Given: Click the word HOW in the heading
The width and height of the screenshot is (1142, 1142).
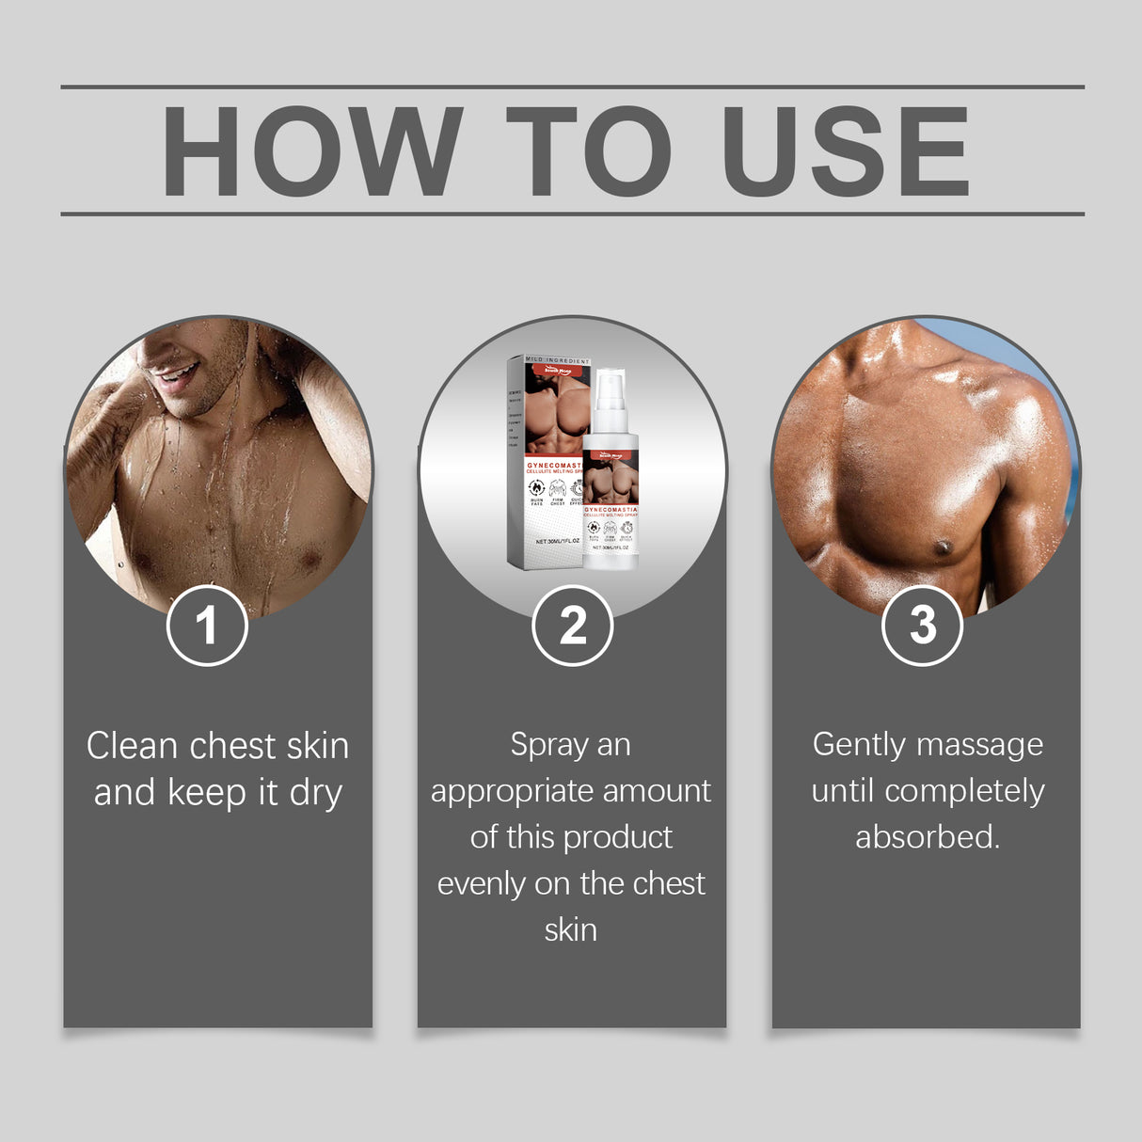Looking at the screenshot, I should pyautogui.click(x=311, y=151).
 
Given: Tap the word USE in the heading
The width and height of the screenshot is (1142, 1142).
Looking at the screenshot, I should pyautogui.click(x=844, y=151).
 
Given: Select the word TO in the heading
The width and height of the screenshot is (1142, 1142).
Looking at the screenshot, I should pyautogui.click(x=589, y=151).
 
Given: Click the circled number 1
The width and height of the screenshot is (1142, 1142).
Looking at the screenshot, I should pyautogui.click(x=207, y=626).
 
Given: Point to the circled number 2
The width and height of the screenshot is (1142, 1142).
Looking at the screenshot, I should pyautogui.click(x=572, y=626).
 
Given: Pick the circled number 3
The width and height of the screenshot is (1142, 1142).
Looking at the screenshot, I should pyautogui.click(x=922, y=626).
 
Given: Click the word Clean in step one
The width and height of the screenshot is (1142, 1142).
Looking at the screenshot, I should pyautogui.click(x=132, y=746).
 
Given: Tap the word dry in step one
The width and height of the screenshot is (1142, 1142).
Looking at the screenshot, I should pyautogui.click(x=315, y=793).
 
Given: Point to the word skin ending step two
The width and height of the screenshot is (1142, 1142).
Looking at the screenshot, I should pyautogui.click(x=571, y=929).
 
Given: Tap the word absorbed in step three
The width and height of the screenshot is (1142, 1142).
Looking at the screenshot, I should pyautogui.click(x=927, y=836).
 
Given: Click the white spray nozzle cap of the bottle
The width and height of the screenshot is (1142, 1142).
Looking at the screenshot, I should pyautogui.click(x=610, y=386).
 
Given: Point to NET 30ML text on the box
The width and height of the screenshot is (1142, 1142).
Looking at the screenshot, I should pyautogui.click(x=557, y=541).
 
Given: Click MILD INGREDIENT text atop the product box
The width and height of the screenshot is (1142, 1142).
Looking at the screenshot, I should pyautogui.click(x=557, y=361).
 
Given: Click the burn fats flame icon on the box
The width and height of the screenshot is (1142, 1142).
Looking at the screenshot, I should pyautogui.click(x=536, y=488).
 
